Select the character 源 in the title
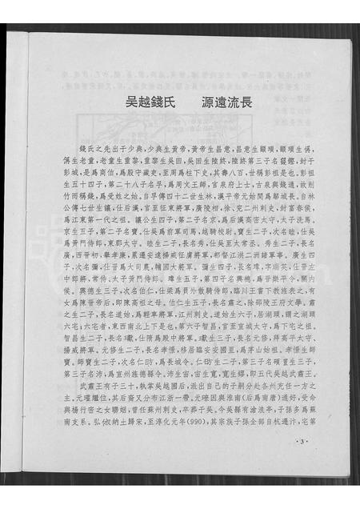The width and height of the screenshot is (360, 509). pyautogui.click(x=204, y=102)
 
